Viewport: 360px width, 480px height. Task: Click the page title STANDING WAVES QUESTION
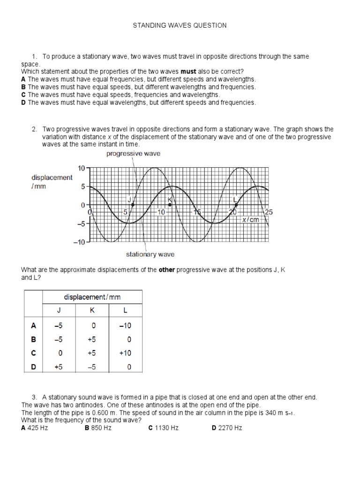(x=180, y=25)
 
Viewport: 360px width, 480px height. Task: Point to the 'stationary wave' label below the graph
(x=150, y=254)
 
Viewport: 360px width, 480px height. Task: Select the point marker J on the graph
(x=133, y=205)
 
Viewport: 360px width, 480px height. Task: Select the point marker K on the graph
(x=170, y=205)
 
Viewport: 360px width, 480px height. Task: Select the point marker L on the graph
(x=236, y=205)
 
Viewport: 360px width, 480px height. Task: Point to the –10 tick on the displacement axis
(x=78, y=242)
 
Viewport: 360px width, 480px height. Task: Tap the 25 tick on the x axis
(x=269, y=212)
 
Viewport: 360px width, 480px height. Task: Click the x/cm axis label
(x=250, y=220)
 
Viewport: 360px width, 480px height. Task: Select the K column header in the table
(x=92, y=310)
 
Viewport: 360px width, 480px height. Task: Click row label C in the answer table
(x=33, y=353)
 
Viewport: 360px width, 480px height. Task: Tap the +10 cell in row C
(x=125, y=353)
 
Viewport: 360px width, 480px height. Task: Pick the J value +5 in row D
(x=59, y=367)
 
